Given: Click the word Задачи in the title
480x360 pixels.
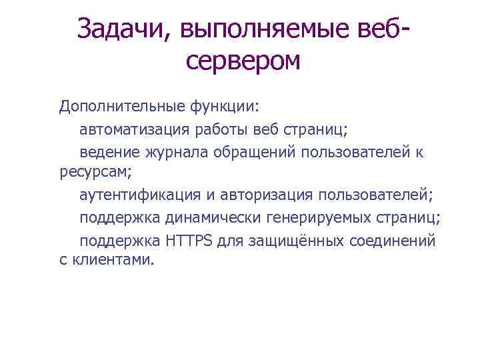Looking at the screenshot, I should pyautogui.click(x=124, y=29).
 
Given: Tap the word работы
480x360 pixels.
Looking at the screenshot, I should pyautogui.click(x=245, y=129).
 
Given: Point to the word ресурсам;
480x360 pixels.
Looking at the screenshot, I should pyautogui.click(x=95, y=173).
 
